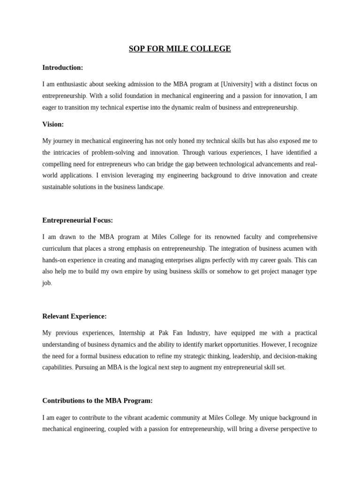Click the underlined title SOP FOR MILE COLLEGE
180,49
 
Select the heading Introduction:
62,67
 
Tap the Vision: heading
53,124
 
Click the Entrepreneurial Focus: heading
77,220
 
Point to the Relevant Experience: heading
75,316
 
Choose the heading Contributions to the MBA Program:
97,401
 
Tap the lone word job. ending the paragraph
47,283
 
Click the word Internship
135,333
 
